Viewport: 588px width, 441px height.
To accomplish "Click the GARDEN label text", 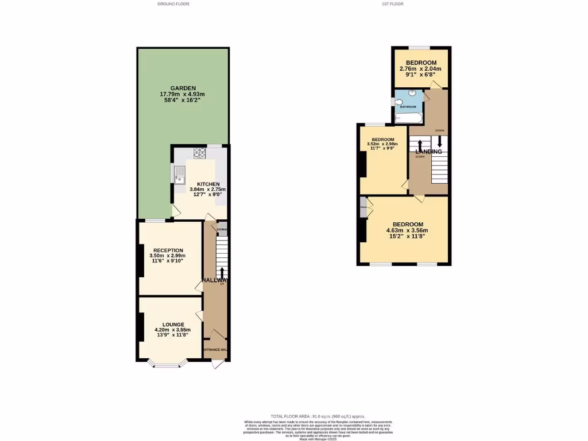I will tap(182, 88).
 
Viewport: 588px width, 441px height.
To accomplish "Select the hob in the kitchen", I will tap(200, 153).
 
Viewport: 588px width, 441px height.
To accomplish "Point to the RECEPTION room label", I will tap(168, 250).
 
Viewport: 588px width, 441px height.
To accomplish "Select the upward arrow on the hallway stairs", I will tap(222, 272).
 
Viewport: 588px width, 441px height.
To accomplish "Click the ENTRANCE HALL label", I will tap(215, 349).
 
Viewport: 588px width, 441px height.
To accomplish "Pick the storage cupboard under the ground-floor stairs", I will tap(222, 229).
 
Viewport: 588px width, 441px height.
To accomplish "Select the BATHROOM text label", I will tap(408, 107).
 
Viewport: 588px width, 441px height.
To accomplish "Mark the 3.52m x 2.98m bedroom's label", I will tap(382, 140).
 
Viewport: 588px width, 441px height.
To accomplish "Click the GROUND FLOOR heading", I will tap(173, 4).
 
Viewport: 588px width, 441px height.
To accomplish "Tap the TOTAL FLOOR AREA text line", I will tap(318, 416).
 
